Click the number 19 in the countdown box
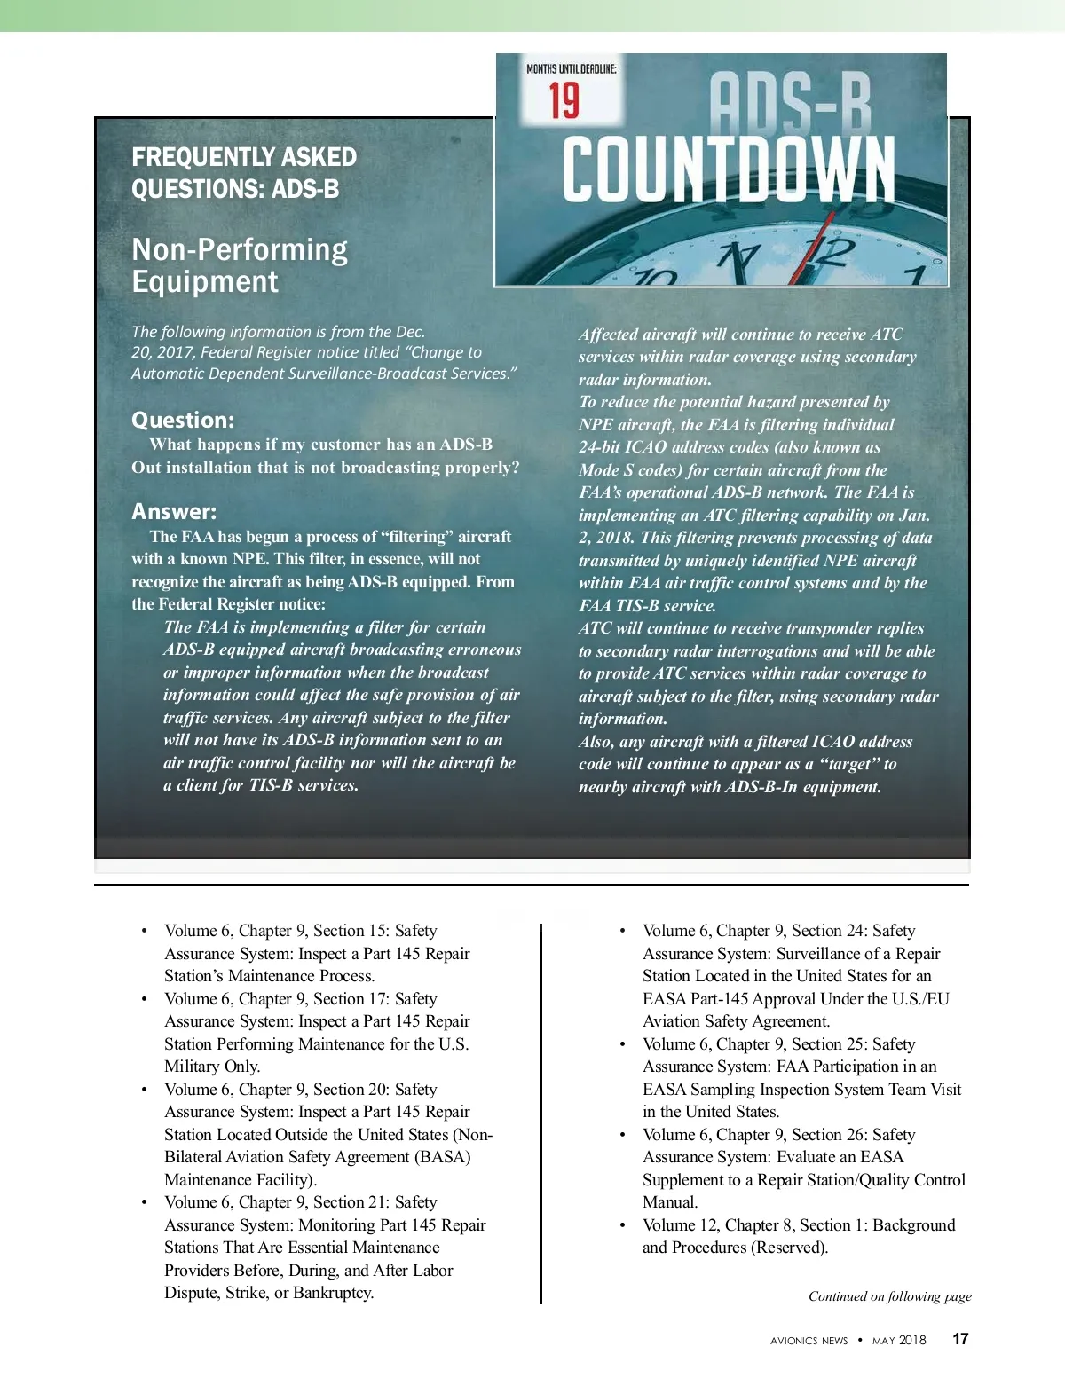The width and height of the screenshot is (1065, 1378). coord(564,100)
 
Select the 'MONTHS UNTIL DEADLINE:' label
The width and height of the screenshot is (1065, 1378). coord(571,68)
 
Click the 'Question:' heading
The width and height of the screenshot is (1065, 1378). coord(183,420)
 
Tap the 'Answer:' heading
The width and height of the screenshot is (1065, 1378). coord(174,511)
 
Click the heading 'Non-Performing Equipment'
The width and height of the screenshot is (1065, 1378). coord(240,265)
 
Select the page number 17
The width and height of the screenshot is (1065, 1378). coord(960,1339)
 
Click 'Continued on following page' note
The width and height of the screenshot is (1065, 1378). coord(889,1296)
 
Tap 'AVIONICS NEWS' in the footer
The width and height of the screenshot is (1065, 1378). coord(809,1341)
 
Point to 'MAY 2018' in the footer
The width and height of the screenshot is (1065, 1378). coord(899,1340)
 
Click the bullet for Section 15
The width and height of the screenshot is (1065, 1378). coord(144,931)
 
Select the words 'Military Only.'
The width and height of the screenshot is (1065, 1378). coord(212,1067)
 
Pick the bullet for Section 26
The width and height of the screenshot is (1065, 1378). coord(622,1135)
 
